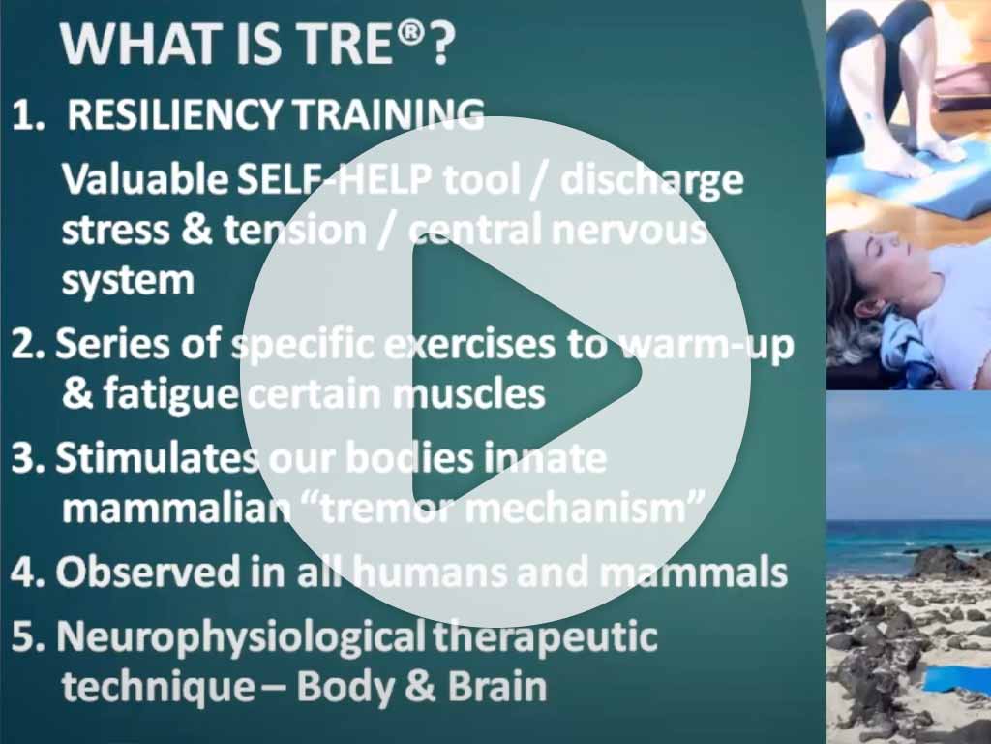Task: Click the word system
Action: (128, 281)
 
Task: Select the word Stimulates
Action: (157, 457)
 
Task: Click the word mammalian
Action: (176, 508)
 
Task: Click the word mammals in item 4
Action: (693, 572)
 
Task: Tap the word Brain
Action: (497, 687)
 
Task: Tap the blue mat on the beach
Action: (957, 681)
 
